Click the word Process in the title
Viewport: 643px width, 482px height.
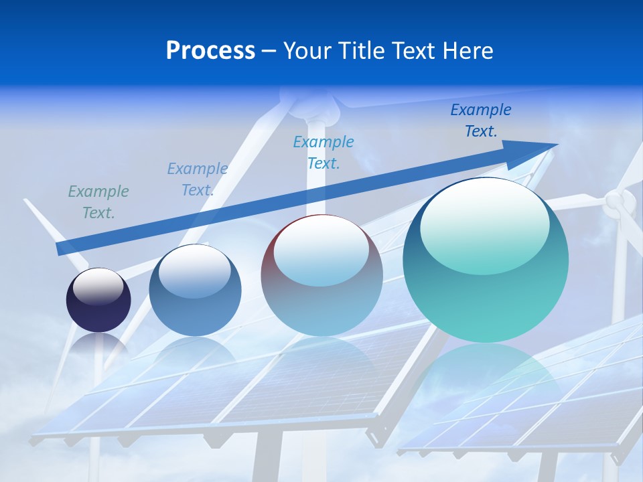[210, 51]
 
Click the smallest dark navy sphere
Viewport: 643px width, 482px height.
[98, 300]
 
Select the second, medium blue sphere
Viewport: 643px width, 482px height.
[195, 291]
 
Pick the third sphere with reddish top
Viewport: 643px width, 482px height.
[321, 275]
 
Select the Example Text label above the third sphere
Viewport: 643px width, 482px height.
[324, 152]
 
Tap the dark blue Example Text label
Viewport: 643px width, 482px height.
[481, 120]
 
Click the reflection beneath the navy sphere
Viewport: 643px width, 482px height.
[98, 345]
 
